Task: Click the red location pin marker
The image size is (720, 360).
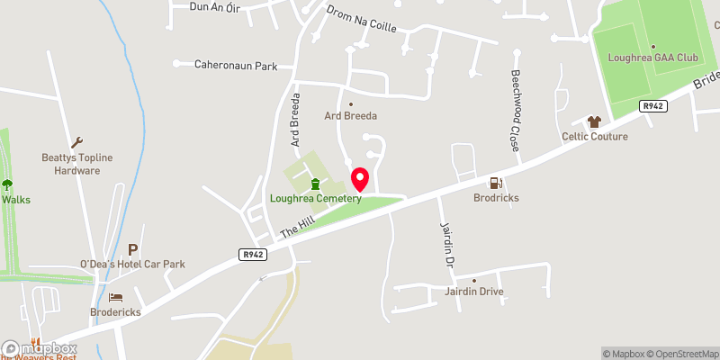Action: (x=360, y=178)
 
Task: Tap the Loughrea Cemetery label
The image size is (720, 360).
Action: (x=316, y=199)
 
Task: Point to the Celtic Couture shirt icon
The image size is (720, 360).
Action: (x=594, y=121)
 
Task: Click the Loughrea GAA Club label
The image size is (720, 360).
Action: (x=652, y=58)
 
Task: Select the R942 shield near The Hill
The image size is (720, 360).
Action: (x=252, y=255)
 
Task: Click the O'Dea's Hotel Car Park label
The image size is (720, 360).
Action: (x=132, y=264)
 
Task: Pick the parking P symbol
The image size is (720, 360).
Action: (x=133, y=248)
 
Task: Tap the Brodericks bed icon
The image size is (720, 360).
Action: (x=115, y=297)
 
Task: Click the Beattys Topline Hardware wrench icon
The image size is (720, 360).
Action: (x=77, y=142)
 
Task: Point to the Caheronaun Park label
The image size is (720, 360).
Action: (x=237, y=66)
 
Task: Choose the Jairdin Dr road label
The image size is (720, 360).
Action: (x=445, y=245)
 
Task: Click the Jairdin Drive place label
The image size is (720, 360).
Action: (x=473, y=292)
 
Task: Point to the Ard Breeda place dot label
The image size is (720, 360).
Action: (x=351, y=115)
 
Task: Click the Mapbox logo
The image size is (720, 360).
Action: (x=40, y=348)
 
